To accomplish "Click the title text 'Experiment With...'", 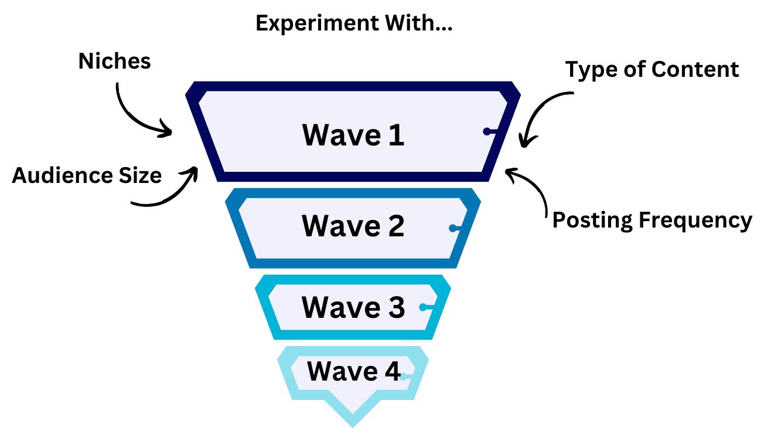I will coord(354,24).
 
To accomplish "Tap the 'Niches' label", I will coord(115,61).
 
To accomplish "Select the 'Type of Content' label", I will coord(652,70).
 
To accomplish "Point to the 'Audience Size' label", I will coord(87,175).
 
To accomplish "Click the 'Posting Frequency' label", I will coord(652,220).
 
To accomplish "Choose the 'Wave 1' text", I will coord(353,135).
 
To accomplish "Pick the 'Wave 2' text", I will coord(353,226).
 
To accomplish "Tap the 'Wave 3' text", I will coord(353,307).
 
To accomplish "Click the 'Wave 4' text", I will coord(353,371).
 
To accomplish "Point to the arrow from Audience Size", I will coord(170,191).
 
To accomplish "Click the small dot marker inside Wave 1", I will coord(487,131).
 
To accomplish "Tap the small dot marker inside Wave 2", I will coord(453,228).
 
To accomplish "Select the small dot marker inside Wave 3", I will coord(423,307).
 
